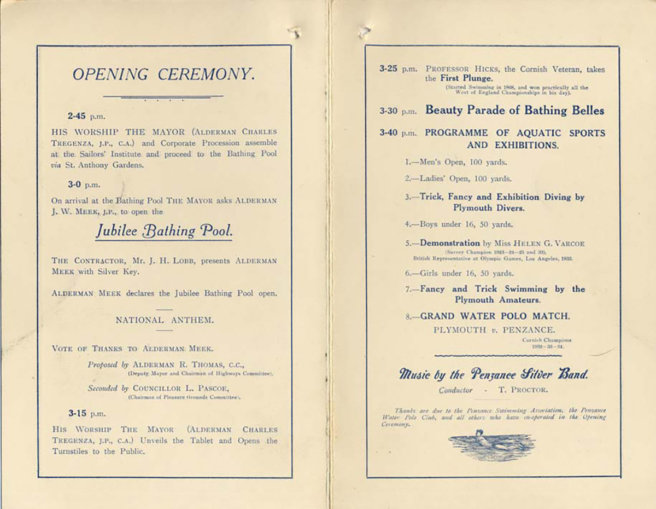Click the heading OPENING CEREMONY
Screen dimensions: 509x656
pyautogui.click(x=164, y=74)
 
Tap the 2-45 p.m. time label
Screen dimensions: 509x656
pyautogui.click(x=86, y=117)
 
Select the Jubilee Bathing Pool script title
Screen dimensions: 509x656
pyautogui.click(x=165, y=231)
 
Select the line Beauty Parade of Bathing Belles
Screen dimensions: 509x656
pyautogui.click(x=514, y=111)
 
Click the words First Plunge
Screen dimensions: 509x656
pyautogui.click(x=461, y=79)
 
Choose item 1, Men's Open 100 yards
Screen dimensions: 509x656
pyautogui.click(x=456, y=162)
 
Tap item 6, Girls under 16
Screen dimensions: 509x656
pyautogui.click(x=459, y=273)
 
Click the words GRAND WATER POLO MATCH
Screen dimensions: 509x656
pyautogui.click(x=495, y=316)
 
